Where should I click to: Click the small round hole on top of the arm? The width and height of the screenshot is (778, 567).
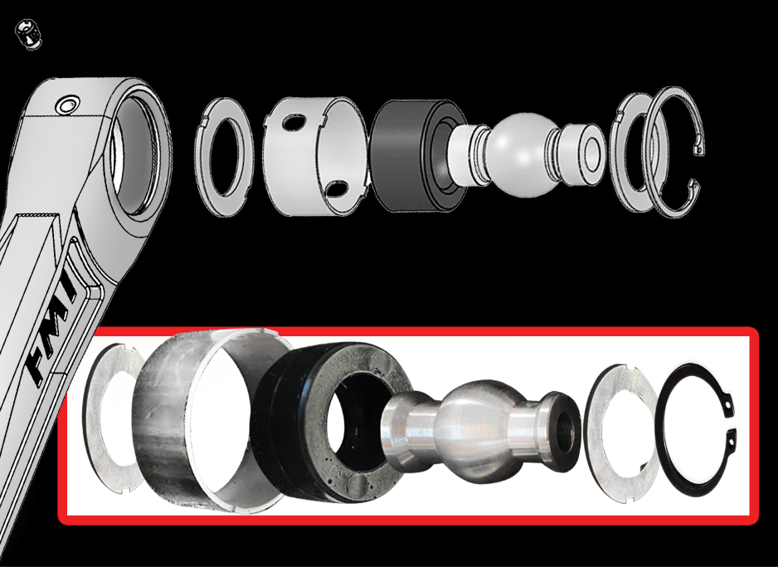[x=64, y=105]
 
